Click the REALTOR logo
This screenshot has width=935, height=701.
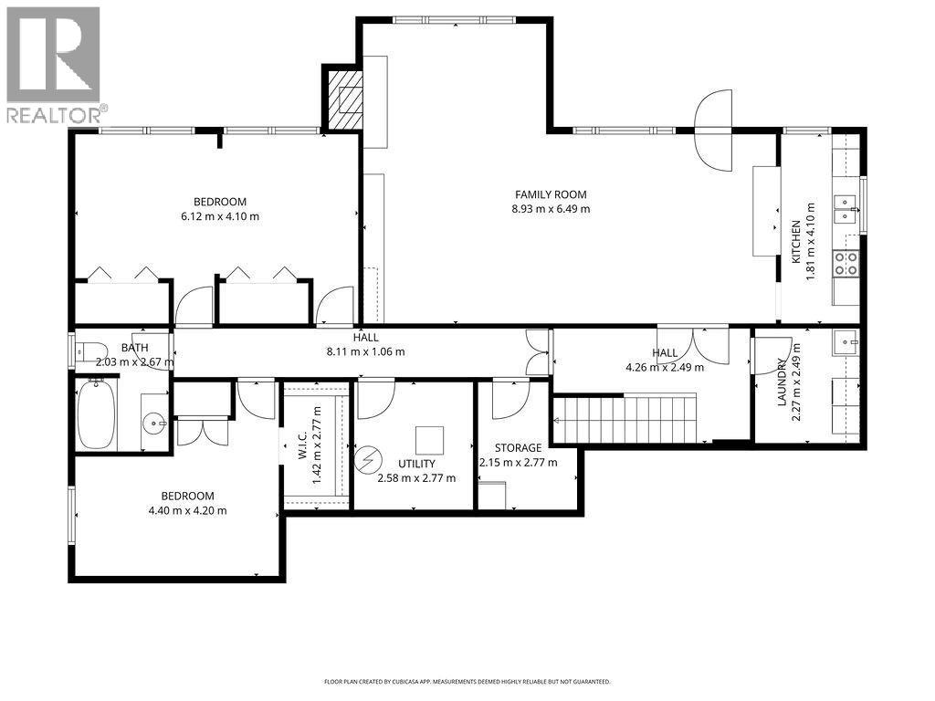click(x=54, y=65)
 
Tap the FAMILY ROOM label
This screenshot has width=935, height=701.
click(x=551, y=194)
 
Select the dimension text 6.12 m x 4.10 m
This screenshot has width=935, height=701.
click(x=220, y=216)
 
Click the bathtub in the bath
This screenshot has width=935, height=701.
click(x=96, y=416)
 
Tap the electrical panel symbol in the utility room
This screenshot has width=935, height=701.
click(x=370, y=455)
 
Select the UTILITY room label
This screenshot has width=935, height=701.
click(x=416, y=464)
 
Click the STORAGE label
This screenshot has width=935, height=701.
click(x=518, y=448)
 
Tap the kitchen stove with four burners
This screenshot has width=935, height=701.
click(x=846, y=263)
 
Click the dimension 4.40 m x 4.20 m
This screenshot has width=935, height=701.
click(x=189, y=510)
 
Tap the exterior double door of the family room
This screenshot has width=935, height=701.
click(x=713, y=127)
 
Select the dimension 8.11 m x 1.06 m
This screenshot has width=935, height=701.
click(x=366, y=351)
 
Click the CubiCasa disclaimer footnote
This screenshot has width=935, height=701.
click(x=467, y=682)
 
